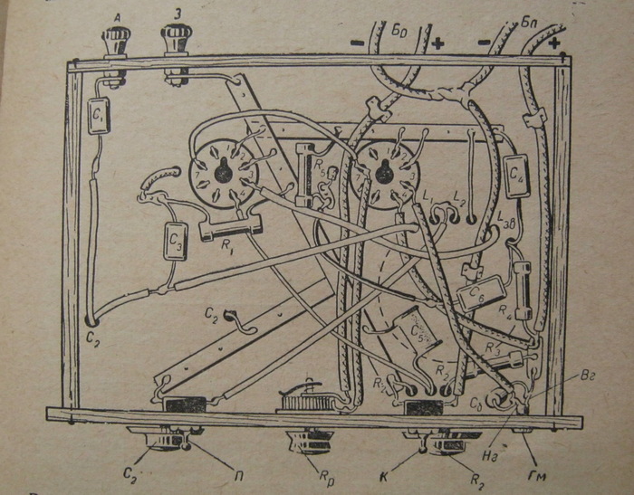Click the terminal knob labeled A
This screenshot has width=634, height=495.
(x=115, y=41)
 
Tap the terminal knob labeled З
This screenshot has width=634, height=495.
(x=174, y=40)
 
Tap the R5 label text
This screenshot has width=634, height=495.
(x=320, y=166)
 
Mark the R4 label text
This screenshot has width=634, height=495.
(x=504, y=316)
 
